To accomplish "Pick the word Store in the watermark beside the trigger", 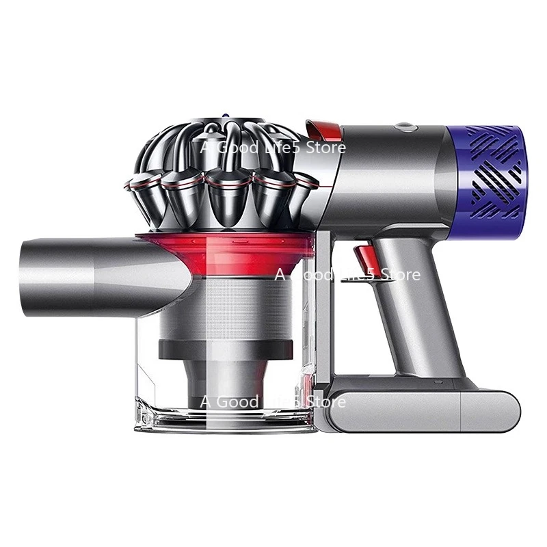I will coord(398,275).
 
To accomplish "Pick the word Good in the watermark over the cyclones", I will coord(236,147).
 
